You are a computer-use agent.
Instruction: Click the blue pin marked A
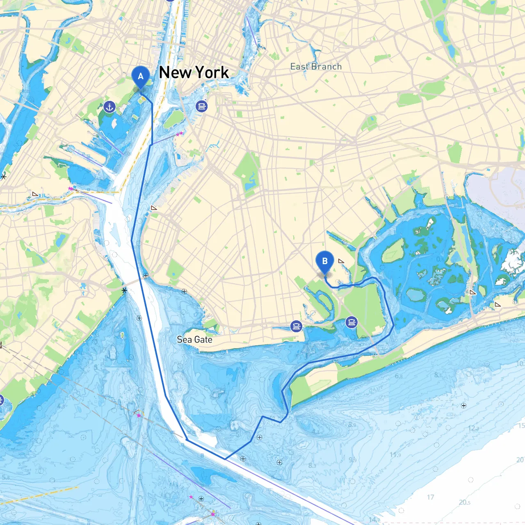(140, 77)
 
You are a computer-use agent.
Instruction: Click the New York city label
(194, 73)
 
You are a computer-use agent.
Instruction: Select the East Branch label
(316, 66)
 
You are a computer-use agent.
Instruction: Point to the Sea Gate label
(194, 340)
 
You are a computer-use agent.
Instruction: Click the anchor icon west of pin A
(109, 107)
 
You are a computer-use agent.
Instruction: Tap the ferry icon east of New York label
(201, 106)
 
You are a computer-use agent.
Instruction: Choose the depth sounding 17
(430, 497)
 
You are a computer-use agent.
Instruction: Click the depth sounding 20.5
(464, 502)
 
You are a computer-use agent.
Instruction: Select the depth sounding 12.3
(473, 428)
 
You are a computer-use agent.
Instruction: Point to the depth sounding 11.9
(395, 455)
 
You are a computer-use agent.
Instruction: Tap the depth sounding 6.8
(399, 376)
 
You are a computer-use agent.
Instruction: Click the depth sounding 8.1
(438, 375)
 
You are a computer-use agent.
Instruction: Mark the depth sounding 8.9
(352, 425)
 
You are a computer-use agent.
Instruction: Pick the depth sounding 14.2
(374, 520)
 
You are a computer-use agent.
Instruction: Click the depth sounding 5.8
(6, 477)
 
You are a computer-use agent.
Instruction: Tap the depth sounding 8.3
(312, 466)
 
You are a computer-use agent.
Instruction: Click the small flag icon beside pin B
(341, 261)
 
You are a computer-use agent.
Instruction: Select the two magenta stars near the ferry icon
(179, 134)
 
